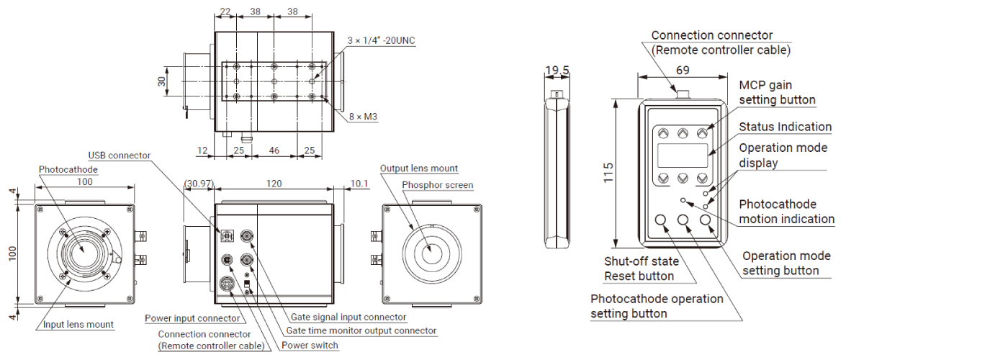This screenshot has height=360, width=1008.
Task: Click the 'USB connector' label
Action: pos(120,156)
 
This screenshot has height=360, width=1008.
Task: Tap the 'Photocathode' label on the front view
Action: pos(68,170)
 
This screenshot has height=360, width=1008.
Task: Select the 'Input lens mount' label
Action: pos(78,325)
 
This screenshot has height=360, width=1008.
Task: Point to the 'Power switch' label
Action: pos(310,346)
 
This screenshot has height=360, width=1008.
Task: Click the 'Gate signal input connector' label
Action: pos(348,317)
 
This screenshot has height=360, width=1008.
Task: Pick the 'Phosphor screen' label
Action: pos(438,185)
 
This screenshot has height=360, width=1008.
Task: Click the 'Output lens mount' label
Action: pos(419,168)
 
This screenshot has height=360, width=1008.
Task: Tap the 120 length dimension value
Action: pos(274,184)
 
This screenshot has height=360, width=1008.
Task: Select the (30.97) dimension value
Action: pos(198,184)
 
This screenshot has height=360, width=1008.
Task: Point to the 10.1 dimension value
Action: pos(358,184)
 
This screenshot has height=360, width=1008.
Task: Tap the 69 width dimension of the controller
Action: pos(683,71)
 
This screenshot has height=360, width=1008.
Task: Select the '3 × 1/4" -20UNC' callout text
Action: pos(381,40)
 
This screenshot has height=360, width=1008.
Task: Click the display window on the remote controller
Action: pos(683,155)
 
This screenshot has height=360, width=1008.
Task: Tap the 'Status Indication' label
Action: pos(786,127)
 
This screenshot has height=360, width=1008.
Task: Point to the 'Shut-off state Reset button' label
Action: pos(642,269)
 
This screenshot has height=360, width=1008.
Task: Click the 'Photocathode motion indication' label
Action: pos(786,212)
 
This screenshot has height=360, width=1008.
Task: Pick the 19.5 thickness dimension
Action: pos(557,71)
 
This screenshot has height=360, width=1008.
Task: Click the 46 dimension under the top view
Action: pos(274,150)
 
